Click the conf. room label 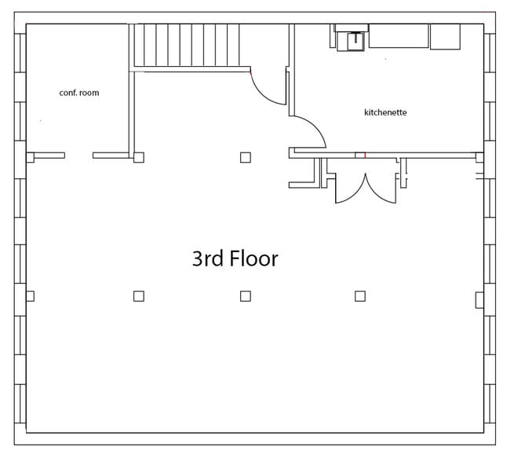(79, 93)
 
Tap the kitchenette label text (385, 112)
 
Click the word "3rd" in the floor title (207, 258)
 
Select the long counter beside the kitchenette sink (399, 36)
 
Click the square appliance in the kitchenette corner (445, 36)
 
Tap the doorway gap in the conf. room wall (78, 156)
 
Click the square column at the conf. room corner (139, 157)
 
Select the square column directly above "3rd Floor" (246, 157)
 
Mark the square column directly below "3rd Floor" (246, 296)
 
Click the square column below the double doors (360, 296)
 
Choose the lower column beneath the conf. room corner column (139, 296)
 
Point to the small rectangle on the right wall (480, 299)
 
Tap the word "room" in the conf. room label (89, 93)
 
